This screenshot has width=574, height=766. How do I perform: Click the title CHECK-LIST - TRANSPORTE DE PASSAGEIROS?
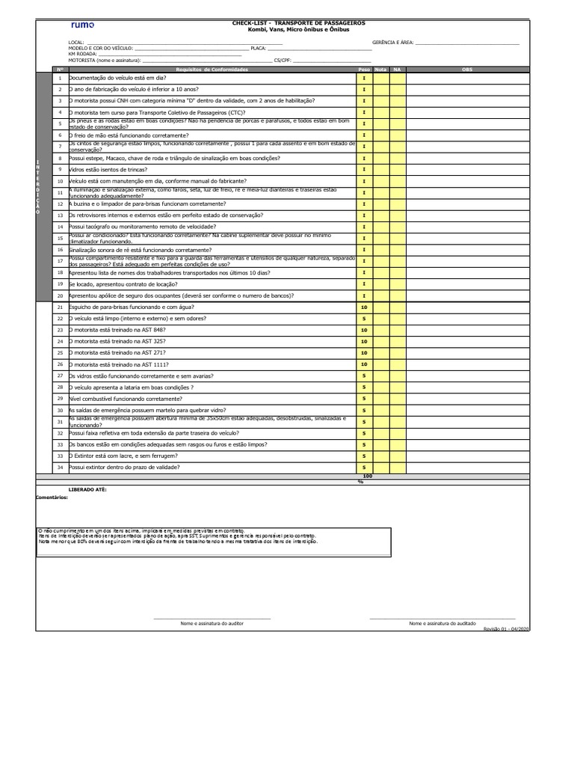(x=298, y=23)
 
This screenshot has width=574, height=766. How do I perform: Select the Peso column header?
(x=364, y=70)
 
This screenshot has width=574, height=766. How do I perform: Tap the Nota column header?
(x=381, y=70)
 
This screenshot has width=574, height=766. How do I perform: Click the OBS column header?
(x=467, y=70)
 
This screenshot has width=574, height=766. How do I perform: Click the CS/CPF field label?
(x=283, y=60)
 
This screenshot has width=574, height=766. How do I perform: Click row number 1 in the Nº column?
(x=60, y=78)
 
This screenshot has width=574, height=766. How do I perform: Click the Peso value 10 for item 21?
(x=364, y=307)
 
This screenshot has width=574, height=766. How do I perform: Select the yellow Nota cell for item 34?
(x=381, y=468)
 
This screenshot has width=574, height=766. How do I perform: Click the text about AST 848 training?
(x=118, y=330)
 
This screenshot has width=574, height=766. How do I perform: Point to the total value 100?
(x=367, y=477)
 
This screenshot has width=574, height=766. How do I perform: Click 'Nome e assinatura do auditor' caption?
(x=212, y=623)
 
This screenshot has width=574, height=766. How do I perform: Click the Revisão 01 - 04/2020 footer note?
(x=507, y=629)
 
